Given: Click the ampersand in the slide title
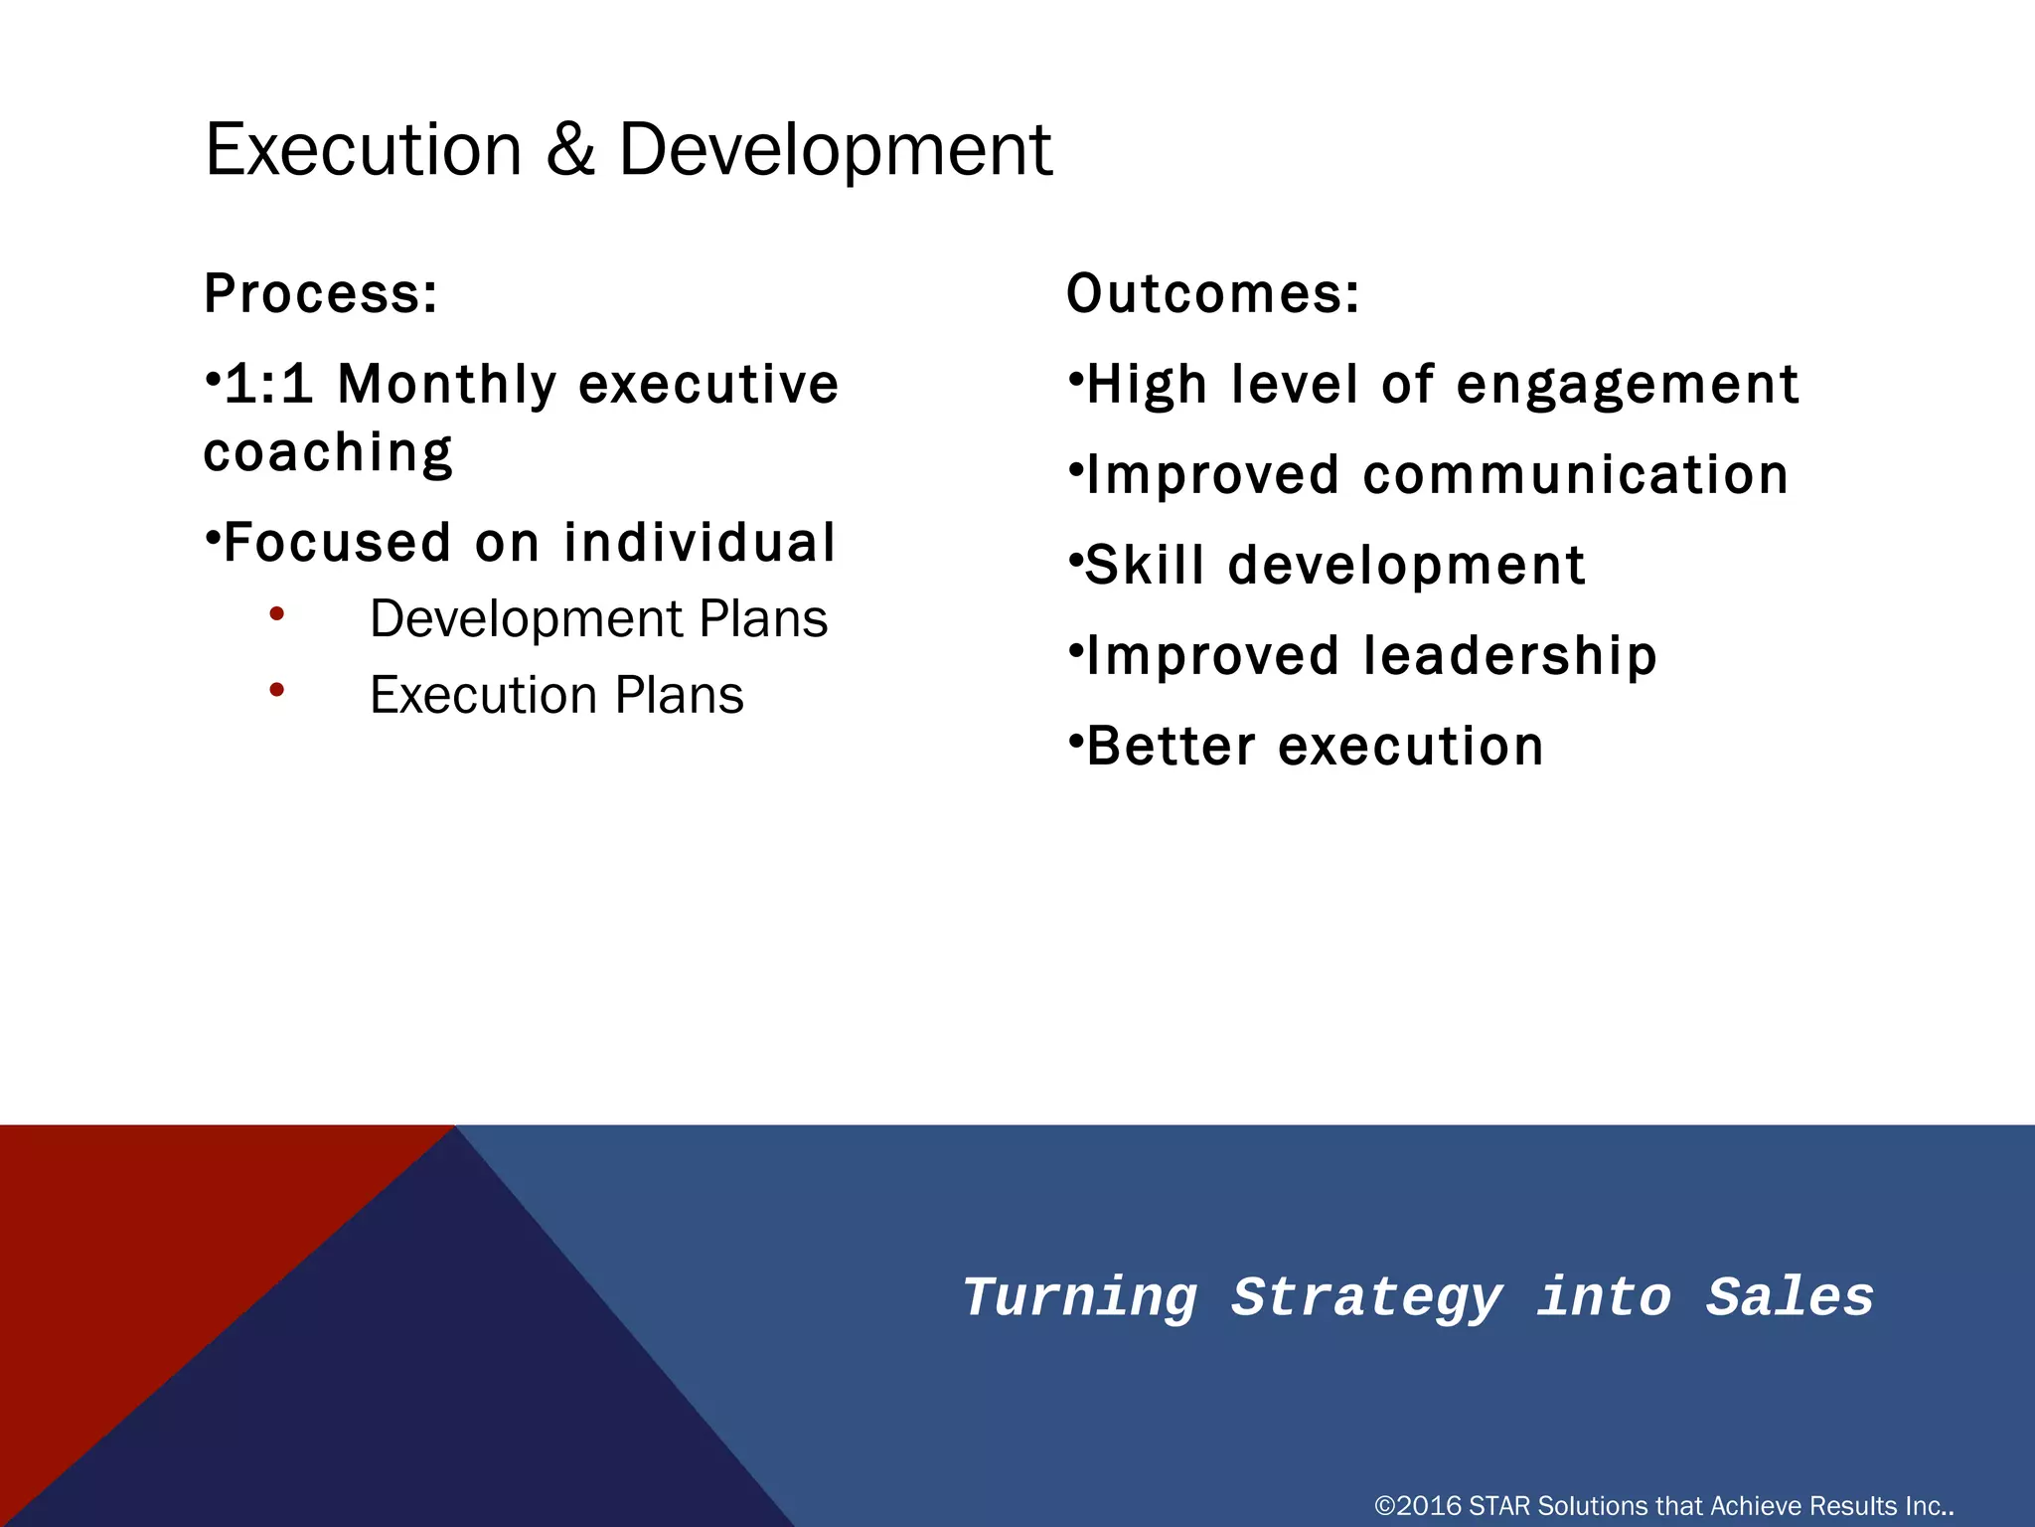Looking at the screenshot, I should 570,150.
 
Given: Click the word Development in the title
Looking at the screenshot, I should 835,150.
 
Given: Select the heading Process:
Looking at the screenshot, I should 321,294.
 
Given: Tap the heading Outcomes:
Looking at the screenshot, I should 1212,294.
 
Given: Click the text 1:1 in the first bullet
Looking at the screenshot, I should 268,385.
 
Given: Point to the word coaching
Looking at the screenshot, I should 328,453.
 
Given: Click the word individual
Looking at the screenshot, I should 700,543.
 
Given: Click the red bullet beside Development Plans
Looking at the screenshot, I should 277,614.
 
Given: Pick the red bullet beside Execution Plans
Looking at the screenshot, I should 277,689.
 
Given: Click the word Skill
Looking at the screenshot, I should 1145,566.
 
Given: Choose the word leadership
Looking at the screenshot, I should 1509,656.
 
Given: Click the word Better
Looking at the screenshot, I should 1172,747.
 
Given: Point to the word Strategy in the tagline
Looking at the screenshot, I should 1366,1298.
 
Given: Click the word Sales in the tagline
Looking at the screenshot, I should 1790,1298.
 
